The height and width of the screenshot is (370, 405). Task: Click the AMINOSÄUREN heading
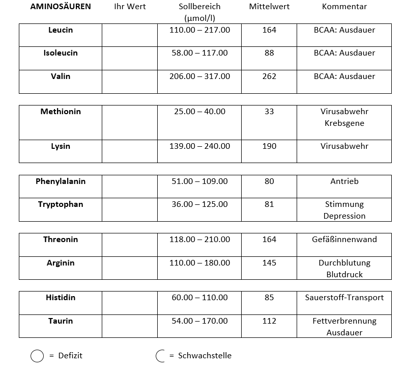[61, 7]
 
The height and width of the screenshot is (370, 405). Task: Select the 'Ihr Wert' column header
[130, 7]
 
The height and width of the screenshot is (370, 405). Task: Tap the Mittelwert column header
[269, 7]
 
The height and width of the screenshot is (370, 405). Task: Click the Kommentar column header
[344, 7]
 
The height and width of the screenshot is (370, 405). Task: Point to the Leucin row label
[61, 30]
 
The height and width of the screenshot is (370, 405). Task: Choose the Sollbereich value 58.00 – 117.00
[199, 53]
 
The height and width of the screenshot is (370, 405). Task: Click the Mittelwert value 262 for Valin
[269, 76]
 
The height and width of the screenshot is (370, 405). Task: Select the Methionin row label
[61, 112]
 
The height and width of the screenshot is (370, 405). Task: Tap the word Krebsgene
[344, 123]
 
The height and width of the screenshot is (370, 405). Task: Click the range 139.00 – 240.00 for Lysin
[199, 146]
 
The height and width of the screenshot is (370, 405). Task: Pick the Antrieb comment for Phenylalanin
[344, 181]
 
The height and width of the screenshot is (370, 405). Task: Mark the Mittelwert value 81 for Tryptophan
[269, 204]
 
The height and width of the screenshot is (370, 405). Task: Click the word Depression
[344, 216]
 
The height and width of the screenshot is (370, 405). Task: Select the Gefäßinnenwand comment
[344, 240]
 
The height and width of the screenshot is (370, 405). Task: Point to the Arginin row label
[61, 263]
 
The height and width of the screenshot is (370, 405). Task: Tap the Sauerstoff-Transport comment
[344, 298]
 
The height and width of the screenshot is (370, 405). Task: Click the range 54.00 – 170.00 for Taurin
[199, 321]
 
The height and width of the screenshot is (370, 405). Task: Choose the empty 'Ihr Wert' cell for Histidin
[130, 303]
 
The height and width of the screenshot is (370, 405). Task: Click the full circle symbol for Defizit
[37, 356]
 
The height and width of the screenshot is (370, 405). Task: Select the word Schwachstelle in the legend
[205, 356]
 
